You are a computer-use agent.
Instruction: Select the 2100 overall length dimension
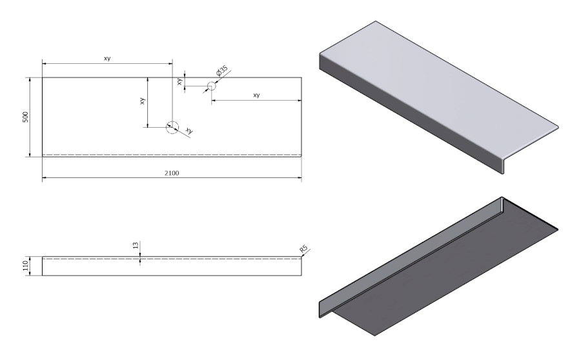(172, 173)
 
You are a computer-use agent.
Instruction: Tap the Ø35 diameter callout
(221, 73)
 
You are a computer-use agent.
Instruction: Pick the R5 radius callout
(303, 249)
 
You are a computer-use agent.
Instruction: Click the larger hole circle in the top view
(172, 127)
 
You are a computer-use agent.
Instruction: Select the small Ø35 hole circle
(210, 86)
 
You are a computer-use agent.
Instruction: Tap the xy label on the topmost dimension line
(107, 59)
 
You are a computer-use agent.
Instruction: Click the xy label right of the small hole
(256, 95)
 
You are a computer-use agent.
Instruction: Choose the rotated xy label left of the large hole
(143, 101)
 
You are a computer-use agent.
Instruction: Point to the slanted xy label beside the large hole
(189, 131)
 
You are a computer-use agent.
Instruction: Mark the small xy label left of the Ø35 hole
(179, 81)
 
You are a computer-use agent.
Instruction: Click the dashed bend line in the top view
(172, 154)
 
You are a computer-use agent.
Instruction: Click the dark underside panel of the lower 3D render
(452, 271)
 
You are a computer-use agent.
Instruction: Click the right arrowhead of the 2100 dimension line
(299, 177)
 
